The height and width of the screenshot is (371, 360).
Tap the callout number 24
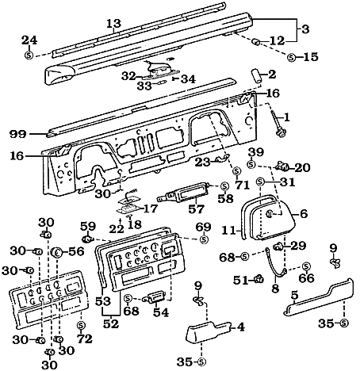(29, 40)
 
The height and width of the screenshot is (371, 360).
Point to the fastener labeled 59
(87, 238)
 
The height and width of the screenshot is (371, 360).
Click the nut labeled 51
(259, 279)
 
